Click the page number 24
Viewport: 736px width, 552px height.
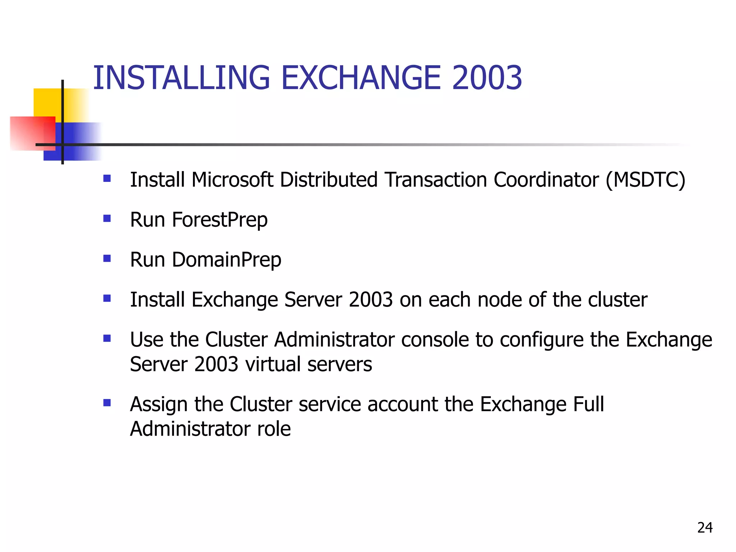click(705, 528)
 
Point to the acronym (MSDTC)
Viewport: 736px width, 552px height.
click(645, 180)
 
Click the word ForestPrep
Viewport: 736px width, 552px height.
click(220, 220)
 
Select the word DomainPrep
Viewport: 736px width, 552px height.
click(226, 260)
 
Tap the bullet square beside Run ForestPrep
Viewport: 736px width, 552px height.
click(107, 218)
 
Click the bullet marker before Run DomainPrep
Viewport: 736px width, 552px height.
click(107, 258)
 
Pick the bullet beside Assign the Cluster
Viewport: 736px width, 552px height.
click(107, 402)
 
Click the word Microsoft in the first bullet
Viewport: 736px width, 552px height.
click(232, 180)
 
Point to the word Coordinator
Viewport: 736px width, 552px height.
click(546, 180)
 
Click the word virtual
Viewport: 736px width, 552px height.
click(273, 364)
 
